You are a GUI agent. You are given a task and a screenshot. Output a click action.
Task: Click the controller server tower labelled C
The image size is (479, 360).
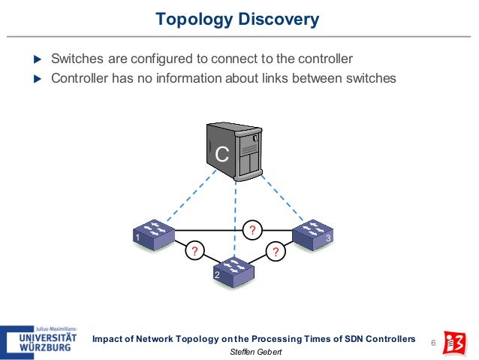[238, 150]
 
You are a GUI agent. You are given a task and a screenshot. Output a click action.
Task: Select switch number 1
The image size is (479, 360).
[152, 233]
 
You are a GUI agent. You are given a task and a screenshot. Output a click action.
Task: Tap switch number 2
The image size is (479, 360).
[233, 271]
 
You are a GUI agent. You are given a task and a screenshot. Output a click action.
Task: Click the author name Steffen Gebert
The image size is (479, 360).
[252, 353]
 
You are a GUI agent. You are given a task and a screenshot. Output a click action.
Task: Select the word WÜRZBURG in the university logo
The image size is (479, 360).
[47, 349]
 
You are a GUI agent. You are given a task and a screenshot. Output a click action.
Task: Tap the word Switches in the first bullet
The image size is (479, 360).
[76, 59]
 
